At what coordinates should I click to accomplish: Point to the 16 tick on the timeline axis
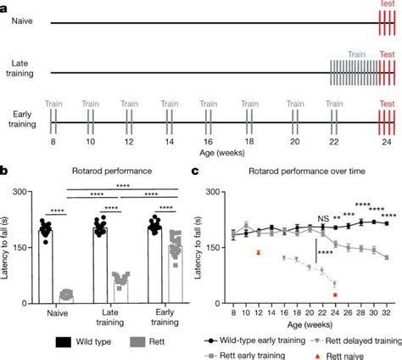207,142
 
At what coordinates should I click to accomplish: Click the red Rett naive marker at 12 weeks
258,253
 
